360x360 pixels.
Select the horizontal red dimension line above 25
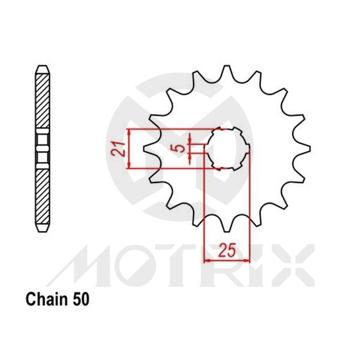click(x=226, y=260)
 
